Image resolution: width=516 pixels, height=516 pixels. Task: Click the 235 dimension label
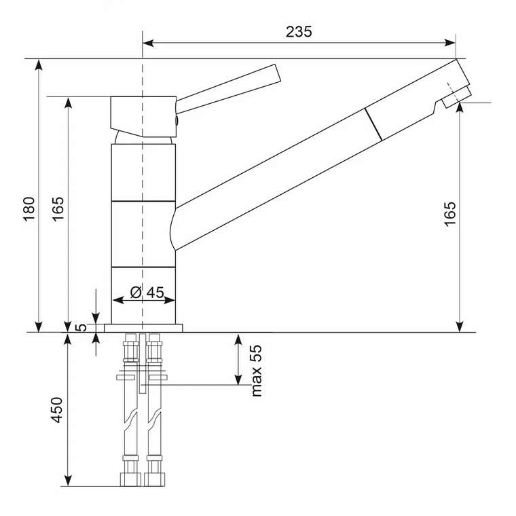[x=299, y=32]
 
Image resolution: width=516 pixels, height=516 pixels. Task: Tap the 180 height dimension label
[x=30, y=209]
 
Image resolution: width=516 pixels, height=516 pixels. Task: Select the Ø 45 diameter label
[x=147, y=292]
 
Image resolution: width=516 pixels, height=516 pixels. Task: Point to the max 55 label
[x=257, y=371]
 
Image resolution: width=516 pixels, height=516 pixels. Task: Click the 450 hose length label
[x=56, y=410]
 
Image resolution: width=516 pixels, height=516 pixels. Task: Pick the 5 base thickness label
[x=81, y=327]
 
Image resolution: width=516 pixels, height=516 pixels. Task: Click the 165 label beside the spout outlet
[x=450, y=215]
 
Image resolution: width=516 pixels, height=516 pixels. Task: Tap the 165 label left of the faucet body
[x=58, y=209]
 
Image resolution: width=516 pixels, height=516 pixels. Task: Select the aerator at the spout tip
[x=456, y=98]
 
